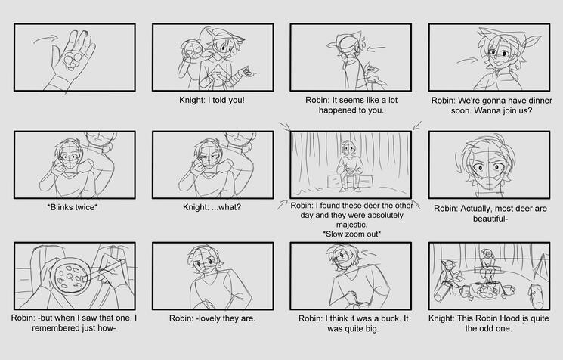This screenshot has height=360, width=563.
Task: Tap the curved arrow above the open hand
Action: point(45,39)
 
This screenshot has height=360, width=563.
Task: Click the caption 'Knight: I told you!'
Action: point(212,100)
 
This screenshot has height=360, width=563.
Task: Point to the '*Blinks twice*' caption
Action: point(73,207)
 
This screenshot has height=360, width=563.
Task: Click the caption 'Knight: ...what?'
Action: point(212,207)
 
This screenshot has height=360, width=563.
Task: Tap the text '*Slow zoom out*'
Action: point(351,234)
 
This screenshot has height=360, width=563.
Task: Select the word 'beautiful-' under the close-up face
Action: point(490,219)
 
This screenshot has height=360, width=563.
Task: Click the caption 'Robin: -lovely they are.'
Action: point(212,318)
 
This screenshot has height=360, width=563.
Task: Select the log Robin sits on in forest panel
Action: point(350,181)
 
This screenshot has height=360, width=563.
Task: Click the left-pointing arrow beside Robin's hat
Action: point(376,48)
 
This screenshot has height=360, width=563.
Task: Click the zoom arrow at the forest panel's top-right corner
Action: point(417,126)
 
